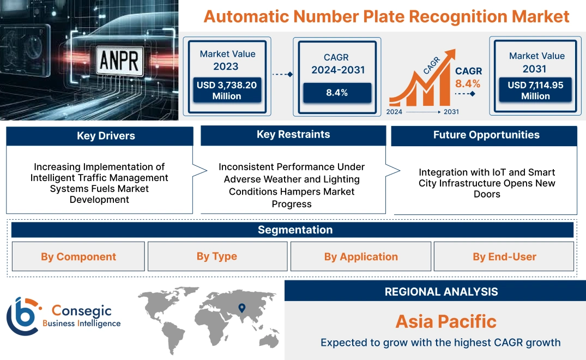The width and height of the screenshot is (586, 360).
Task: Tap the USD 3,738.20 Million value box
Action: coord(226,90)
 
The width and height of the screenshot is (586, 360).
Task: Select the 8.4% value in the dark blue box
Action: coord(337,93)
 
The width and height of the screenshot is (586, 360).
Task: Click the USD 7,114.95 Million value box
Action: coord(535,90)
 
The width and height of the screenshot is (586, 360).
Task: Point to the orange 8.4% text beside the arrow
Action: coord(468,83)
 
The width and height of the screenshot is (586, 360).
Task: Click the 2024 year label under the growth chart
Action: coord(395,112)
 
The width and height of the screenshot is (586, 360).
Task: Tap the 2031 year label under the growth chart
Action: coord(451,112)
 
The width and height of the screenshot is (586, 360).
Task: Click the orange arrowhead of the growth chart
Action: coord(450,55)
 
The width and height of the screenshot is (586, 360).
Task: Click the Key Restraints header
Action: coord(293,135)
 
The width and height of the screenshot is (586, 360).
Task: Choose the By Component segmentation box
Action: coord(78,256)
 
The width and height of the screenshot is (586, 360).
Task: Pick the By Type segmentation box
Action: coord(217,256)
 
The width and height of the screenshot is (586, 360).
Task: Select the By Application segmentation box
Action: coord(361,256)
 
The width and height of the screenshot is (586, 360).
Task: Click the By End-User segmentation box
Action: coord(504,256)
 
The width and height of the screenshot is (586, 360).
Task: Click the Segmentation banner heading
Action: coord(295,230)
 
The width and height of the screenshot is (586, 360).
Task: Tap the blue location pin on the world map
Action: coord(241,310)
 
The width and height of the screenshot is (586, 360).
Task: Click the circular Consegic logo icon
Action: coord(22,316)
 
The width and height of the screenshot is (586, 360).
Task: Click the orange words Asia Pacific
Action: coord(446,321)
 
